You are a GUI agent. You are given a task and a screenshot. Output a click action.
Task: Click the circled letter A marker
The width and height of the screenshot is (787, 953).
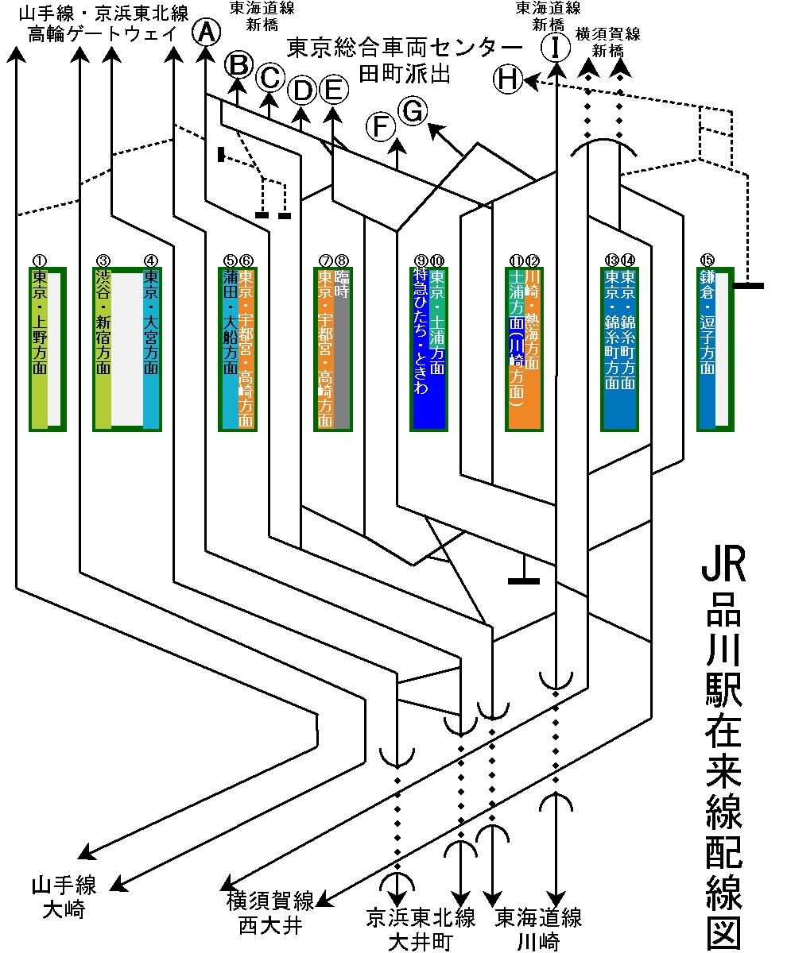pyautogui.click(x=206, y=33)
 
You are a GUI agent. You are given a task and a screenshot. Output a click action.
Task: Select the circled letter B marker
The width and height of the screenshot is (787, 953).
pyautogui.click(x=238, y=64)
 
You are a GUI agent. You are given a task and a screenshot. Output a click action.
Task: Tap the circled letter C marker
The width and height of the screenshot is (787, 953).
pyautogui.click(x=270, y=77)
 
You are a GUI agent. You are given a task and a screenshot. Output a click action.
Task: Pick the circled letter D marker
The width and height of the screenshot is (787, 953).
pyautogui.click(x=302, y=91)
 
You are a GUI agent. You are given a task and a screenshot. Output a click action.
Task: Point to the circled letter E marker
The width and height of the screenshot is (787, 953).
pyautogui.click(x=334, y=89)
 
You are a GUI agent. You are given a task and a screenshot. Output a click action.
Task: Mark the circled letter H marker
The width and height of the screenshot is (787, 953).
pyautogui.click(x=508, y=79)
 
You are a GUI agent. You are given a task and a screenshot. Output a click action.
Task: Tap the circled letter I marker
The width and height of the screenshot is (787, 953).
pyautogui.click(x=556, y=48)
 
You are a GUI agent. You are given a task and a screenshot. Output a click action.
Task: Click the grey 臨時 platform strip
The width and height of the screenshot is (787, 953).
pyautogui.click(x=342, y=349)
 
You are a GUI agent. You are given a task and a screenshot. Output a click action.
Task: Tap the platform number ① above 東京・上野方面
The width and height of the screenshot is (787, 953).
pyautogui.click(x=40, y=260)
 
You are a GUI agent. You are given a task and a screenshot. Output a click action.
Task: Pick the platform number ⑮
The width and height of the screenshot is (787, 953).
pyautogui.click(x=707, y=260)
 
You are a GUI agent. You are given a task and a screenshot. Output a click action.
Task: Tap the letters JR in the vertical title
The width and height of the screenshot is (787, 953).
pyautogui.click(x=723, y=565)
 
